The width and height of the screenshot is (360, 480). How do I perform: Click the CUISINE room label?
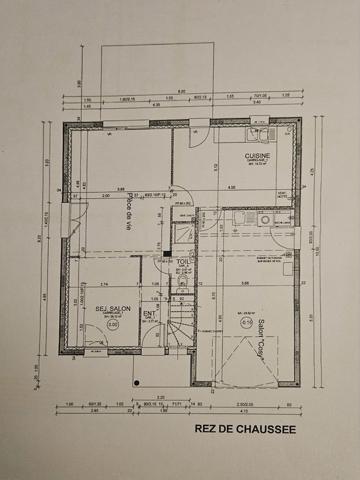point(260,157)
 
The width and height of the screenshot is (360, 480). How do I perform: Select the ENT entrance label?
point(149,313)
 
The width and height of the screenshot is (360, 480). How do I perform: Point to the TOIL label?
point(182,264)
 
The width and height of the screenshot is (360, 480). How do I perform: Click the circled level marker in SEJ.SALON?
point(112,324)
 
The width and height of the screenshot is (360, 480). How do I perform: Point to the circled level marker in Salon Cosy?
point(245,322)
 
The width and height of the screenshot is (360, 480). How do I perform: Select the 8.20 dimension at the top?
point(182,92)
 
